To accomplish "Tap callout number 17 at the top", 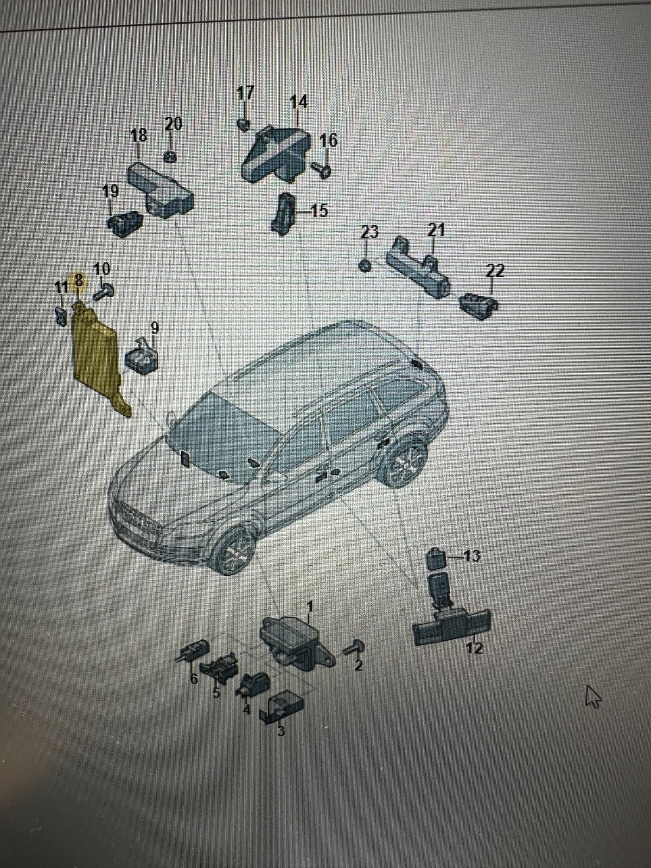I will [245, 93].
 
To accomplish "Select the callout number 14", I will [298, 102].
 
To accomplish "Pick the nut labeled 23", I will [366, 265].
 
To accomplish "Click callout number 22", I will [495, 270].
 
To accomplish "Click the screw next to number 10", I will [104, 292].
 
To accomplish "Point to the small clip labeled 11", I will [61, 314].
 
